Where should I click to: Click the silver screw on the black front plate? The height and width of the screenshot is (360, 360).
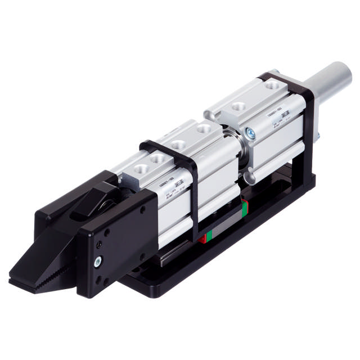click(x=98, y=260)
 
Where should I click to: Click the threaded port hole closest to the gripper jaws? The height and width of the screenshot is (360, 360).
click(x=138, y=167)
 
